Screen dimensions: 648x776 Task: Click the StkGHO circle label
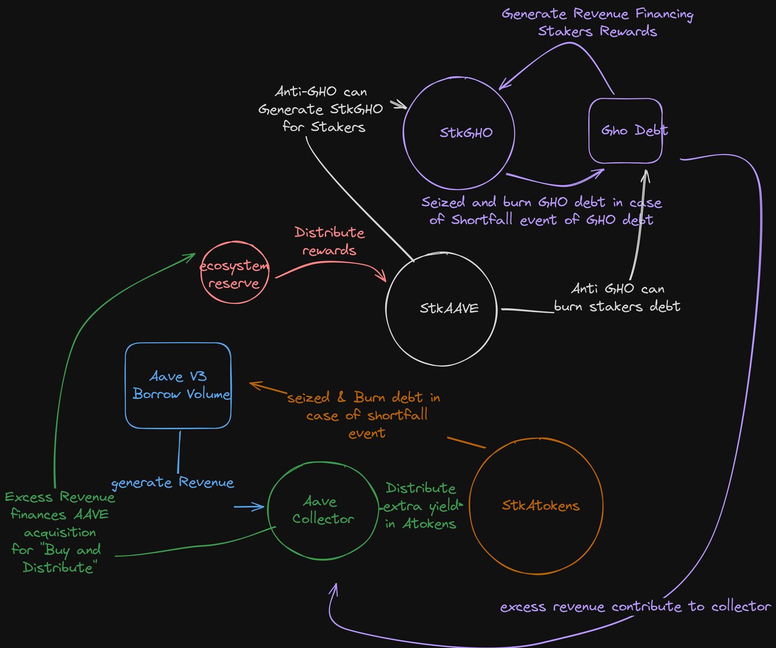coord(466,132)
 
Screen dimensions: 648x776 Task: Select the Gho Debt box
coord(625,131)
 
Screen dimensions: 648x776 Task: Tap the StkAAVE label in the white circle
coord(449,308)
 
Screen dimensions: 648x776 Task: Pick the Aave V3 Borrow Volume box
coord(178,385)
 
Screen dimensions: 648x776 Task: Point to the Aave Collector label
coord(322,510)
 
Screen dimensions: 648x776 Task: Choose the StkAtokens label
coord(540,505)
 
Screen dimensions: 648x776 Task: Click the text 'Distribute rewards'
coord(330,241)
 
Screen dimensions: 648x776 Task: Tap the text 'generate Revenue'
coord(172,482)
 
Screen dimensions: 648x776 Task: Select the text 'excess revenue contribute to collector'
coord(635,606)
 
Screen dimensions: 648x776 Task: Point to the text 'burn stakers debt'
coord(617,307)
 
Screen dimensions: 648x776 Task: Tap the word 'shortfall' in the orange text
coord(397,415)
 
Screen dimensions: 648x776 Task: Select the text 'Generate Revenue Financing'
coord(597,14)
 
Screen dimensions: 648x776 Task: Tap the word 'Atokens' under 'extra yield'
coord(429,523)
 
